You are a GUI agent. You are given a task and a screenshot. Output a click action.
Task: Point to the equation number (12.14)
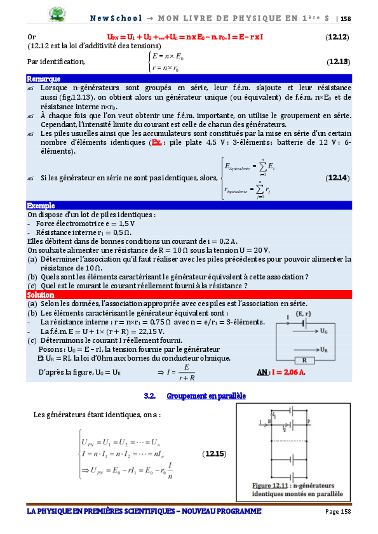337,178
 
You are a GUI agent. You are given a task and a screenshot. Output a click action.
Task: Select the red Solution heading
40,295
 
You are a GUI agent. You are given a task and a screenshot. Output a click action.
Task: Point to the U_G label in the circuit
324,331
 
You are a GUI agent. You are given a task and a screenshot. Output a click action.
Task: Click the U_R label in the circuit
324,350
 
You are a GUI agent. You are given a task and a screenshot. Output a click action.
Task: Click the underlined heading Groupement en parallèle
206,396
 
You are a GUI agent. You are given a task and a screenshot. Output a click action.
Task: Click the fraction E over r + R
186,371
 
